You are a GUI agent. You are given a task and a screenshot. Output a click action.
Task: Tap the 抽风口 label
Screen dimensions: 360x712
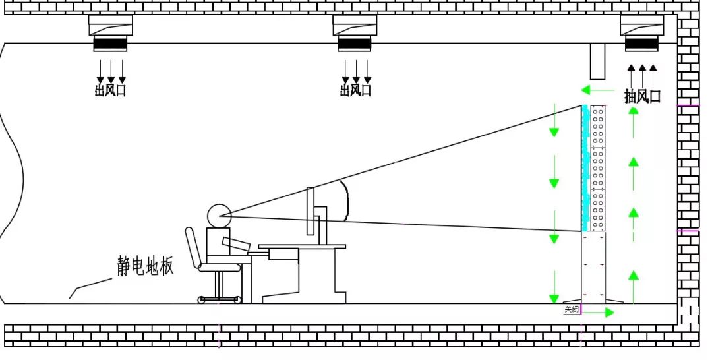click(x=642, y=96)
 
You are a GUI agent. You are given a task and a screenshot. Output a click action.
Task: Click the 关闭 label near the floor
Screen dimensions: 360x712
click(x=572, y=309)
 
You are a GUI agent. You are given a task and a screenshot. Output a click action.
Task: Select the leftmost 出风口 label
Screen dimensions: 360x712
click(x=110, y=90)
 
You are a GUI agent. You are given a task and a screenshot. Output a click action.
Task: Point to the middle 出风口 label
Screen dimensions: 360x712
click(x=355, y=90)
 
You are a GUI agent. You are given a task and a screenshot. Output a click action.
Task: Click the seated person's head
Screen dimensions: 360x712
click(x=219, y=215)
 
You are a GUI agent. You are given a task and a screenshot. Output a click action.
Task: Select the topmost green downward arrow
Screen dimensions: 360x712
click(x=554, y=121)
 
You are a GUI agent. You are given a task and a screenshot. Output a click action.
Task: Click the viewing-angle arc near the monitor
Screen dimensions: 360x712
click(x=345, y=201)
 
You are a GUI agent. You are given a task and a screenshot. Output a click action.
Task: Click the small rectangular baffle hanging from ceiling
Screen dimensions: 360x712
click(x=598, y=61)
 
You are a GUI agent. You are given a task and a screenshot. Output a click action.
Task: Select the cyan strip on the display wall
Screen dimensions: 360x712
click(x=585, y=168)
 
